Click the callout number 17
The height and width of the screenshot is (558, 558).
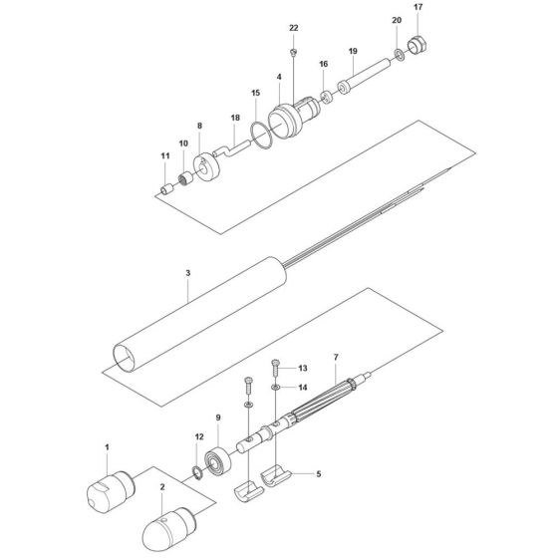tap(418, 7)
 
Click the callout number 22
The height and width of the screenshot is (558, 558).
tap(293, 27)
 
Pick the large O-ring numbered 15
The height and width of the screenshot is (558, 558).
tap(261, 135)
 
